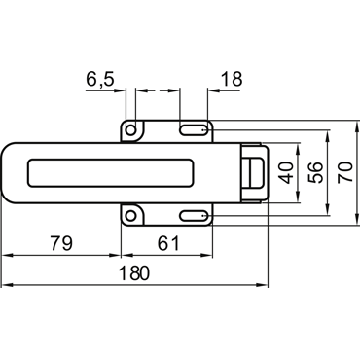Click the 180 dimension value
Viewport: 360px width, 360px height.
point(134,272)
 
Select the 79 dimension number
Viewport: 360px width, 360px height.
point(61,243)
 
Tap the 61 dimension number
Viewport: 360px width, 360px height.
point(168,243)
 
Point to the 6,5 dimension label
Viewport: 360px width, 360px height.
point(100,80)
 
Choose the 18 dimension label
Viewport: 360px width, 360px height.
point(232,79)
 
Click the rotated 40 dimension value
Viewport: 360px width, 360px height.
point(287,173)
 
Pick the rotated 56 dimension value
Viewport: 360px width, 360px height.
point(315,172)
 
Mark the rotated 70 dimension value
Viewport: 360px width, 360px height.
point(344,172)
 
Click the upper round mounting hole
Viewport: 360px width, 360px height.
point(130,130)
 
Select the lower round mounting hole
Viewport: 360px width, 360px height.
point(130,215)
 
